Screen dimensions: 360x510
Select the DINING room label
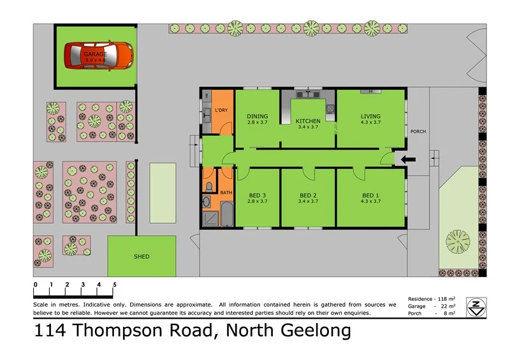tap(257, 116)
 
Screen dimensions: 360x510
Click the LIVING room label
tap(370, 116)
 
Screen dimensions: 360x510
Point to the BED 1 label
tap(370, 195)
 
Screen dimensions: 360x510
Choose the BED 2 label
tap(308, 195)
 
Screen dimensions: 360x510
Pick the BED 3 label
tap(257, 195)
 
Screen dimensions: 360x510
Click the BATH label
tap(226, 192)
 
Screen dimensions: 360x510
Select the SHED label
tap(142, 257)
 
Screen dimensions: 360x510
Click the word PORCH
tap(418, 131)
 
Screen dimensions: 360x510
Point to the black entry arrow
tap(405, 159)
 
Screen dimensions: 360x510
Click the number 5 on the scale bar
tap(115, 284)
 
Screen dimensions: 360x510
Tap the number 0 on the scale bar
tap(36, 284)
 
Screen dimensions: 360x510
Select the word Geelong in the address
tap(314, 331)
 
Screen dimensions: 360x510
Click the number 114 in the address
tap(50, 331)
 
